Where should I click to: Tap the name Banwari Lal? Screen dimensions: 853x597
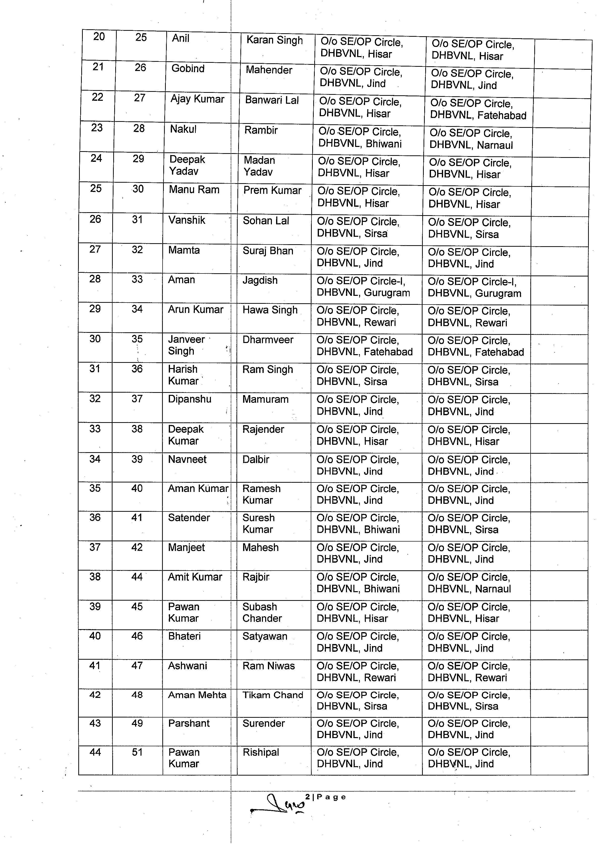272,100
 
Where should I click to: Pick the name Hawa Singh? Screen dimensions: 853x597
270,310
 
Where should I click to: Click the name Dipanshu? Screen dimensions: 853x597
189,399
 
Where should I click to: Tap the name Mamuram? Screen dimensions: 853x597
265,399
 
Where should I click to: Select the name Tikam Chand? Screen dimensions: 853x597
273,695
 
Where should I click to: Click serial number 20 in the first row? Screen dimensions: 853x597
99,36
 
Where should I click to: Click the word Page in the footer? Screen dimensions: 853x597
331,797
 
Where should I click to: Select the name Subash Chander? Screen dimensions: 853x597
262,612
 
